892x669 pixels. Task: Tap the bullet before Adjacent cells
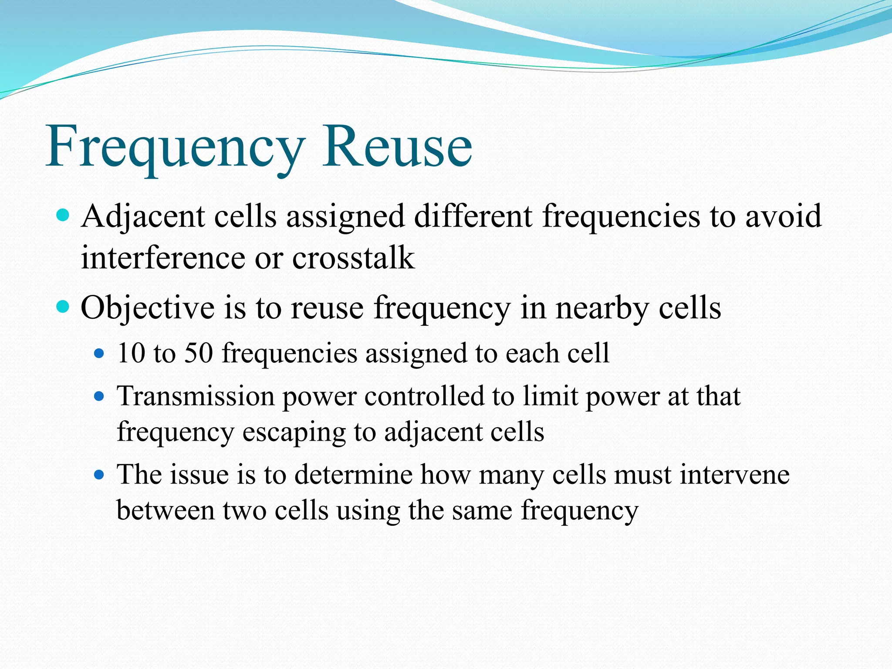click(64, 215)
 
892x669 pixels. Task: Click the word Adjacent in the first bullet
click(142, 216)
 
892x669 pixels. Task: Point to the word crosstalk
click(353, 258)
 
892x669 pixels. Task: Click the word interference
click(163, 258)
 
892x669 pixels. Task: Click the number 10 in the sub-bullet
click(131, 353)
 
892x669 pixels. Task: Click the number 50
click(198, 353)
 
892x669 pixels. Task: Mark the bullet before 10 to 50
click(100, 353)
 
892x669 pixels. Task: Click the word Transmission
click(196, 396)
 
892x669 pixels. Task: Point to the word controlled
click(424, 396)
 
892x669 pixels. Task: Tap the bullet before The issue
click(100, 475)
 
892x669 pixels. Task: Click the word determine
click(353, 475)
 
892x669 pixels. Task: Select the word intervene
click(734, 475)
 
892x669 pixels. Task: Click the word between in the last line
click(165, 510)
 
